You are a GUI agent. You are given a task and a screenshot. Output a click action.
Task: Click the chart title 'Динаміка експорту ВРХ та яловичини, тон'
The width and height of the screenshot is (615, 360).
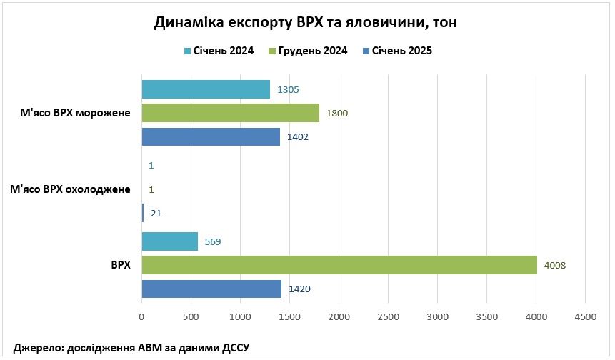[306, 23]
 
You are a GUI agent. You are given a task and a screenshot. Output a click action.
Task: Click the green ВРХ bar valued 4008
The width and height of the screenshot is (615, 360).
[339, 265]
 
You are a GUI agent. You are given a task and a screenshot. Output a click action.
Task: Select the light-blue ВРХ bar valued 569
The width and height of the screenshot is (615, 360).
[170, 241]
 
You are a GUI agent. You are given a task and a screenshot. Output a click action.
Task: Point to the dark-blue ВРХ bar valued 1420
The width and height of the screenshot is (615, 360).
[211, 289]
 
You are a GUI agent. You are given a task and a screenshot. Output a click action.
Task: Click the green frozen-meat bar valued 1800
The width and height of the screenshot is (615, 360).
[230, 113]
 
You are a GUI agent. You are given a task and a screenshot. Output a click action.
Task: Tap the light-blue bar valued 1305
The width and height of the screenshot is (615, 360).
[206, 89]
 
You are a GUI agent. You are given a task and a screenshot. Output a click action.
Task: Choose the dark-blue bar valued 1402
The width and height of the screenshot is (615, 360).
[211, 136]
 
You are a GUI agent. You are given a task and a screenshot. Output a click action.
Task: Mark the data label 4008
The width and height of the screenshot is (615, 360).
[555, 265]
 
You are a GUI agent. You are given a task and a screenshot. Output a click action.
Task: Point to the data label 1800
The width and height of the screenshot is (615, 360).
[337, 113]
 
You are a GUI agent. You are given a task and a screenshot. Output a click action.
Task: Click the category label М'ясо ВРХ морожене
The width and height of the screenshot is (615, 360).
[75, 113]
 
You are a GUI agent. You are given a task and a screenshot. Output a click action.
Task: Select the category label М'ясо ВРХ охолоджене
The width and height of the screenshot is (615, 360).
[70, 189]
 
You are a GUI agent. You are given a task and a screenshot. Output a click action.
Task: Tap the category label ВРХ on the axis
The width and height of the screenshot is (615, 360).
[121, 265]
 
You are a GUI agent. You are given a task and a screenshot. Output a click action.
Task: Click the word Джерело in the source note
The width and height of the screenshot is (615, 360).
[37, 347]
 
